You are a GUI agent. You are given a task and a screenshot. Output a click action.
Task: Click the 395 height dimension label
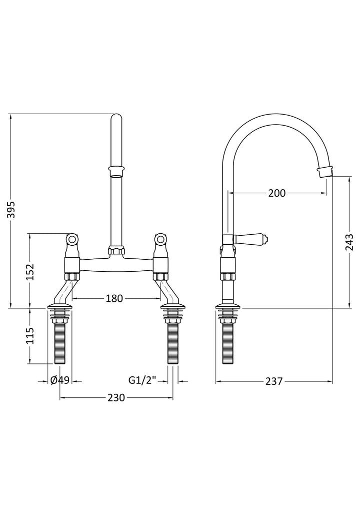point(11,210)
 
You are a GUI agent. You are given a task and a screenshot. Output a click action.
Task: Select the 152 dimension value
point(30,271)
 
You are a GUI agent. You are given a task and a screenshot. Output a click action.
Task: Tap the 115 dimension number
point(30,335)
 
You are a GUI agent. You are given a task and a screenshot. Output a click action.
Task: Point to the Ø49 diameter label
point(60,379)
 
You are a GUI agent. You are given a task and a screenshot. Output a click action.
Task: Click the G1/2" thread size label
point(142,379)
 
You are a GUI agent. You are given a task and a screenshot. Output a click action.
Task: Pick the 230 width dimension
point(116,397)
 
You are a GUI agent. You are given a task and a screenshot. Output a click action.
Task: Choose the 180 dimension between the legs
point(114,298)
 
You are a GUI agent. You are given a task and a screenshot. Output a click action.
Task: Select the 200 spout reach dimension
point(277,193)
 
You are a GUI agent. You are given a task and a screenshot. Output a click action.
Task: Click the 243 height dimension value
point(349,242)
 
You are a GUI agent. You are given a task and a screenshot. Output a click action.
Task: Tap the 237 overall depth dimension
point(274,381)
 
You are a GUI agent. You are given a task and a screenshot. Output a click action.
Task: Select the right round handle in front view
point(160,239)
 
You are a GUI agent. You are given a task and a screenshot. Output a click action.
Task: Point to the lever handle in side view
point(250,239)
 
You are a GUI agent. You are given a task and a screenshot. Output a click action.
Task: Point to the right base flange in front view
point(172,306)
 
